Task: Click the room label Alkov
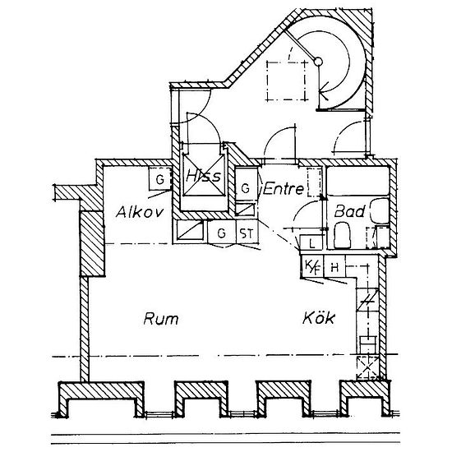click(140, 212)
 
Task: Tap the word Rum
click(161, 319)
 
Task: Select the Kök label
click(319, 317)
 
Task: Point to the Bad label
click(349, 211)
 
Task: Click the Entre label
click(284, 189)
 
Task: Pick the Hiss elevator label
click(203, 175)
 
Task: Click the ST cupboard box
click(247, 233)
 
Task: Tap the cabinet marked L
click(311, 242)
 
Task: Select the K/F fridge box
click(312, 266)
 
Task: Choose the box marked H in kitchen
click(334, 266)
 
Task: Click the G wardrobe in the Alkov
click(159, 178)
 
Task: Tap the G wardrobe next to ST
click(222, 233)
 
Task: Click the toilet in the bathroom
click(342, 235)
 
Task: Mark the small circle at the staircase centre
click(318, 62)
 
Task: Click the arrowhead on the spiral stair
click(324, 90)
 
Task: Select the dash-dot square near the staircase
click(286, 81)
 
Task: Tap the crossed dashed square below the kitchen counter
click(367, 368)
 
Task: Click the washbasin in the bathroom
click(380, 210)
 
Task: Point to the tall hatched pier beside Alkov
click(92, 243)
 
